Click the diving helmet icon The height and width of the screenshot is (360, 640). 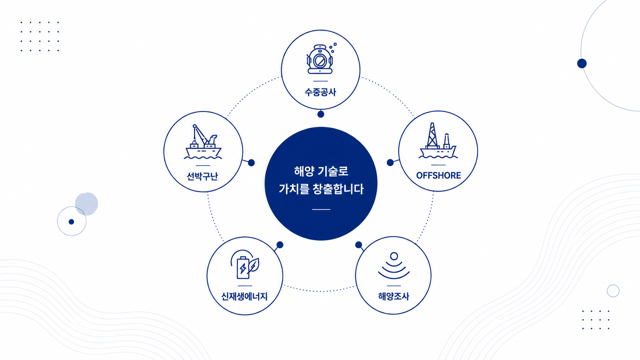point(320,59)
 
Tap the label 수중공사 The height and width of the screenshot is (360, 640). point(320,92)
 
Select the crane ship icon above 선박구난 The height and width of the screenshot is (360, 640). point(203,142)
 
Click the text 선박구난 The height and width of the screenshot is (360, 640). point(202,176)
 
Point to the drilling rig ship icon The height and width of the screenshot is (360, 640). point(438,140)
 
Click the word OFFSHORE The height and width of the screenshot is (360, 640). point(438,175)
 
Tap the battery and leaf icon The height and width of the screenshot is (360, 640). point(245,264)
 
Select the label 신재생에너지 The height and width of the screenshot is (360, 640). point(244,296)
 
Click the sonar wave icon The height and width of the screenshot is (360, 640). point(394,266)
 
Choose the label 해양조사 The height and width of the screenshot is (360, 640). point(394,296)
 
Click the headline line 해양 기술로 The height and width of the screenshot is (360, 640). point(321,171)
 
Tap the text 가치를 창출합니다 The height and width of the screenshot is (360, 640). point(321,189)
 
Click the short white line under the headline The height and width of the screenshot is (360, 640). point(321,209)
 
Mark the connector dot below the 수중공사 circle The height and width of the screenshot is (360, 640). point(320,114)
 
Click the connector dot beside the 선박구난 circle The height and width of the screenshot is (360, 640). point(251,163)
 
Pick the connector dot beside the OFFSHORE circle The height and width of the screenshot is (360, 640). point(390,163)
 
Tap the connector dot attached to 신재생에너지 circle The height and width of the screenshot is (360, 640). point(280,245)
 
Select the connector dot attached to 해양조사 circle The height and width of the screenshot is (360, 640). point(359,245)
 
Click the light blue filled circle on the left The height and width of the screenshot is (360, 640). point(87,204)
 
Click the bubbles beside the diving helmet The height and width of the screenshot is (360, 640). point(333,47)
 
